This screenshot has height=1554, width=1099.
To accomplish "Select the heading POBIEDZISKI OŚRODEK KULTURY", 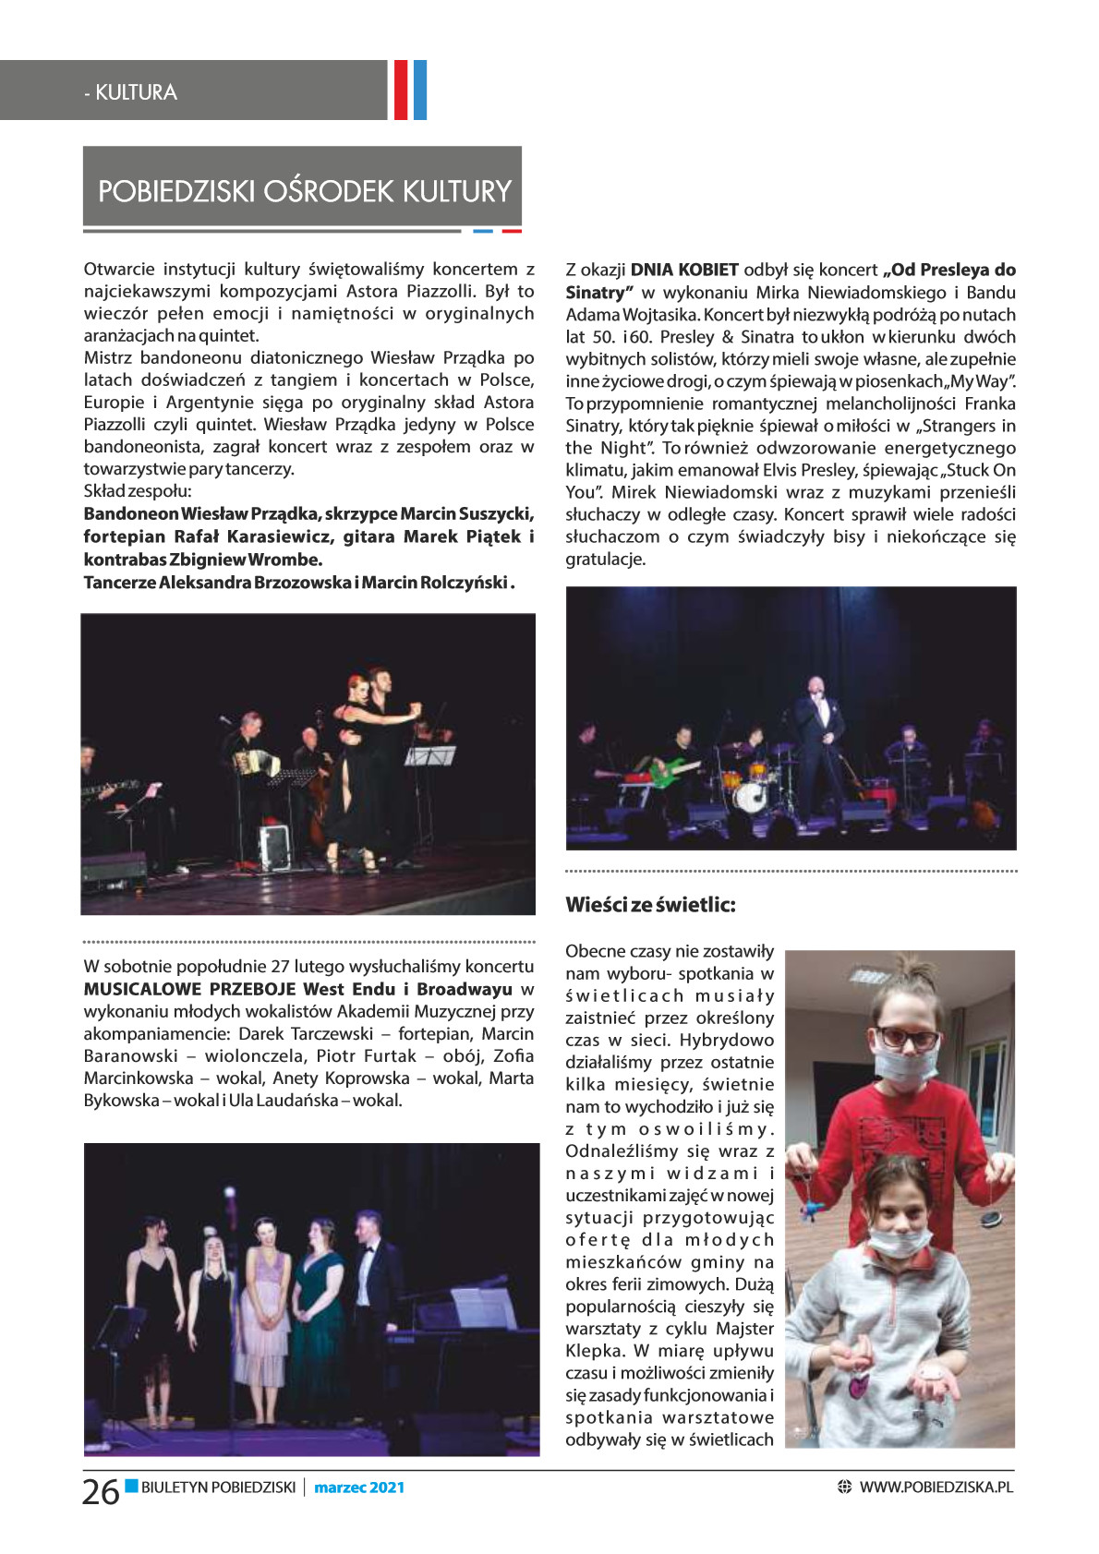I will tap(304, 191).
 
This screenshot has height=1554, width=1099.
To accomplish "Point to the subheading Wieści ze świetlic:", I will tap(650, 905).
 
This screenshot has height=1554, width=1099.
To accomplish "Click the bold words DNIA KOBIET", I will tap(684, 270).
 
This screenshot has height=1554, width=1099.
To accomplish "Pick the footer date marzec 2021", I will tap(359, 1488).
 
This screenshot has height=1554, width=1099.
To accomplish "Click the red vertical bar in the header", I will tap(401, 90).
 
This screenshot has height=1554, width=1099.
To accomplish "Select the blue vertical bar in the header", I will tap(420, 90).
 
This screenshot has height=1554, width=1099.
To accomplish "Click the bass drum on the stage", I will tap(750, 797).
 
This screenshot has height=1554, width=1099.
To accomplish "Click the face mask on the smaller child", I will tap(893, 1240).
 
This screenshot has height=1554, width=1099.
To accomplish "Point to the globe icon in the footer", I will tap(843, 1488).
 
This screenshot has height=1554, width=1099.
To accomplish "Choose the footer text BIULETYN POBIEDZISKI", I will tap(218, 1488).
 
